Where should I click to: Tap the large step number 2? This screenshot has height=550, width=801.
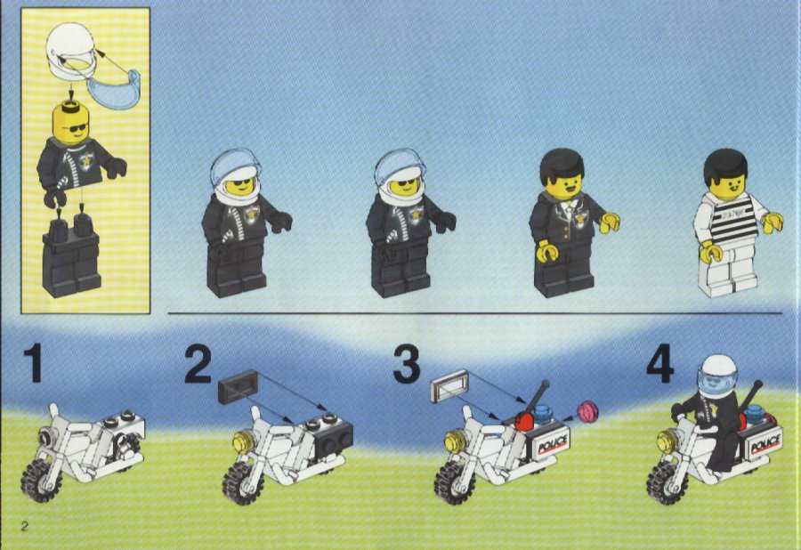(198, 363)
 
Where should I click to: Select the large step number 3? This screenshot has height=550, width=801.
(407, 363)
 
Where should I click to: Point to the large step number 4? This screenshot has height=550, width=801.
(660, 363)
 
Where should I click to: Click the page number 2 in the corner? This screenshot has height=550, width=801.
(25, 526)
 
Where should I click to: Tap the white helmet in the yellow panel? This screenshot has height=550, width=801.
(70, 50)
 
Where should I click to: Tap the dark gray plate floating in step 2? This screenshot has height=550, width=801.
(238, 385)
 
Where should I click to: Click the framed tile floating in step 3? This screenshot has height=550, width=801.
(449, 385)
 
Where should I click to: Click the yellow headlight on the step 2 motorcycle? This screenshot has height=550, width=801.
(242, 442)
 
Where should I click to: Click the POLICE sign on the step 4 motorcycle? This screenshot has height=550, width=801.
(765, 443)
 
